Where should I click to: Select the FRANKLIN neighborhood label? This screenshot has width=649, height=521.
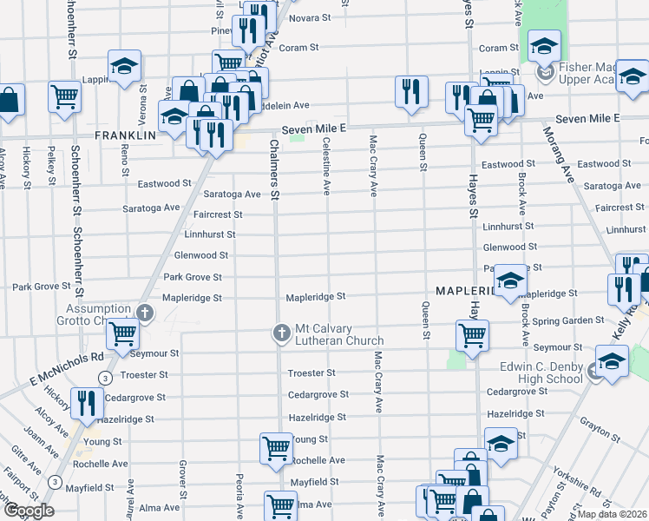point(126,135)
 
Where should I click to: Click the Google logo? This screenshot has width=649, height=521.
point(29,511)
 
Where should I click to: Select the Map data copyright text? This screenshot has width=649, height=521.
point(612,514)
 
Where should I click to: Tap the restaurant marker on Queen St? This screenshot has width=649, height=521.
point(410,91)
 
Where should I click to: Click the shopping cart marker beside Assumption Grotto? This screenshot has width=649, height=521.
point(123,333)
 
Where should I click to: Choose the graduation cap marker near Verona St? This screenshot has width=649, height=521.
point(124,66)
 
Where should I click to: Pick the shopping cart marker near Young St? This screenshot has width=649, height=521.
point(276,448)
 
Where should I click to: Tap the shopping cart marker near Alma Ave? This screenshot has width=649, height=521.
point(280,505)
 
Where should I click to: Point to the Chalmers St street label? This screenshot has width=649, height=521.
point(274,170)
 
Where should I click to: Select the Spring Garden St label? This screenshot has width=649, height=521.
point(567,320)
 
